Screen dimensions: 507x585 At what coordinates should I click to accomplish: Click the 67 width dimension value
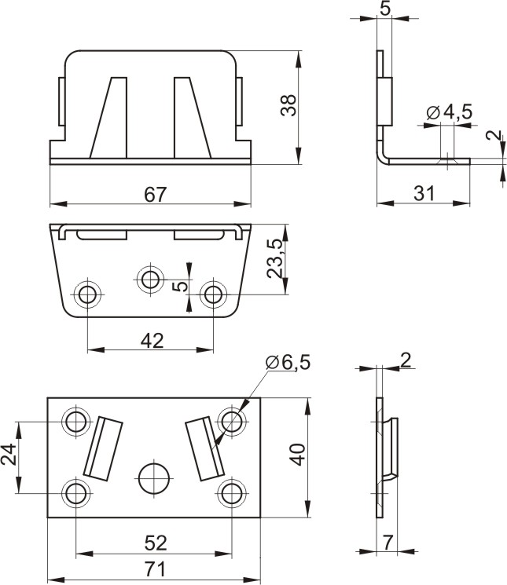156,195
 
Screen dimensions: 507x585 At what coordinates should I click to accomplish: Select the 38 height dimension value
288,105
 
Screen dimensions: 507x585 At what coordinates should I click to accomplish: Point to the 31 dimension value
424,194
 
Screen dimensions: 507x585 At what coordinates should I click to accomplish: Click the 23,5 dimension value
275,258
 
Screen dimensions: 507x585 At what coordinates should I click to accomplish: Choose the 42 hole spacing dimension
152,341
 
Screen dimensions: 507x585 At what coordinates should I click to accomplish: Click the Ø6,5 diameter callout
288,363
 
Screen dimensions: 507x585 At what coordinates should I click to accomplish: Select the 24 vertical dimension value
9,454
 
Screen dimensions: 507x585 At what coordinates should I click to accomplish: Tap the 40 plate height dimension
298,455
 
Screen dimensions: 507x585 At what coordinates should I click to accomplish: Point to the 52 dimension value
156,543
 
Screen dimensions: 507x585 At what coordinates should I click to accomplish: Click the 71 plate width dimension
155,570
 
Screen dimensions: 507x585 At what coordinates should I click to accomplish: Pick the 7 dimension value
388,543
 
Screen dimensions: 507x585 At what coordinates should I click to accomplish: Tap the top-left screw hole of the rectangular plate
75,421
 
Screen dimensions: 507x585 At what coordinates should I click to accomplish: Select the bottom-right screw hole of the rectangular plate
231,494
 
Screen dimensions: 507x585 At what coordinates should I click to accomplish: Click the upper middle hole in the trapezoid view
150,278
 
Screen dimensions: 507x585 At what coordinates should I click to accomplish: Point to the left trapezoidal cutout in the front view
109,118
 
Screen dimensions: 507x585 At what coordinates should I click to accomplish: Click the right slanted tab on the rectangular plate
204,448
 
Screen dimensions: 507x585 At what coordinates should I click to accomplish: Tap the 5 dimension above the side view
385,8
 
